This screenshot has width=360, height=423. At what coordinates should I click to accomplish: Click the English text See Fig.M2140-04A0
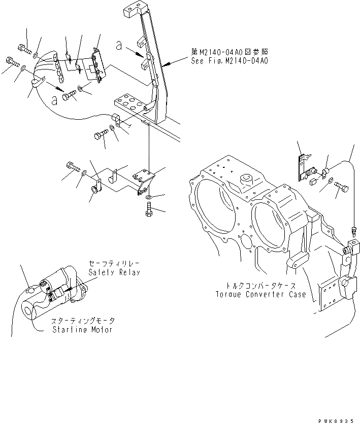(230, 60)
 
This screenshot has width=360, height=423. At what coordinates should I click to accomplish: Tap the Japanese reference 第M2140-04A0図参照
(230, 52)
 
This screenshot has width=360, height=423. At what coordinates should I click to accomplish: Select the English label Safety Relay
(113, 272)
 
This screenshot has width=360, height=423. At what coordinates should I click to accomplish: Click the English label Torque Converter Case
(260, 294)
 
